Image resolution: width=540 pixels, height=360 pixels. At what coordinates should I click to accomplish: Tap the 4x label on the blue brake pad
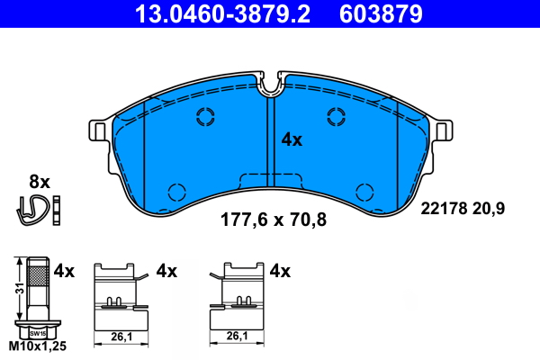click(x=292, y=139)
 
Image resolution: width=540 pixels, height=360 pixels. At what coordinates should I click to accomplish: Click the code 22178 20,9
click(x=463, y=208)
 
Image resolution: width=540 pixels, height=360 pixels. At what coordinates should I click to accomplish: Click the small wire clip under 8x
click(x=34, y=208)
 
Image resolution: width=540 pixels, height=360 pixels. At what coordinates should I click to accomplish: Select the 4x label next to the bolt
click(x=63, y=270)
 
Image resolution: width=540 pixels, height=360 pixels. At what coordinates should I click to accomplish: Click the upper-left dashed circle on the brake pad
click(x=204, y=115)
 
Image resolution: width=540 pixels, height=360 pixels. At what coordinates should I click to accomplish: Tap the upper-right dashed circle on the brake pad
click(x=337, y=115)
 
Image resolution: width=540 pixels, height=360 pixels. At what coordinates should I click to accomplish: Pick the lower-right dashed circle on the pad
click(x=364, y=191)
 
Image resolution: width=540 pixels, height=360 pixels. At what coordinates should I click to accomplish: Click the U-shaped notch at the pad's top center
click(x=271, y=85)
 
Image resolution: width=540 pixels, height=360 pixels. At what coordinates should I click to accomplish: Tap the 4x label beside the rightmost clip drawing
click(x=280, y=270)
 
